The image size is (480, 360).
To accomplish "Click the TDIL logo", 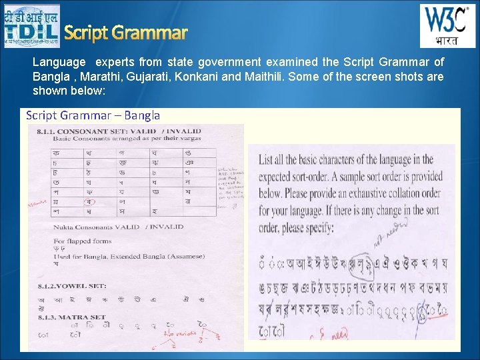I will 31,26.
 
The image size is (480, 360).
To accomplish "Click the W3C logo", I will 447,26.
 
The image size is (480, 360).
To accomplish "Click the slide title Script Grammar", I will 125,32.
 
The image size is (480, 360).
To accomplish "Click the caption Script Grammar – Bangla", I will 93,115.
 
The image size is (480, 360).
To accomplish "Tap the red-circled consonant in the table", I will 87,201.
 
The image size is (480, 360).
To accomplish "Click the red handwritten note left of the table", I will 37,202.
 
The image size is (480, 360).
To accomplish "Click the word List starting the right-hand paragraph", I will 266,160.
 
